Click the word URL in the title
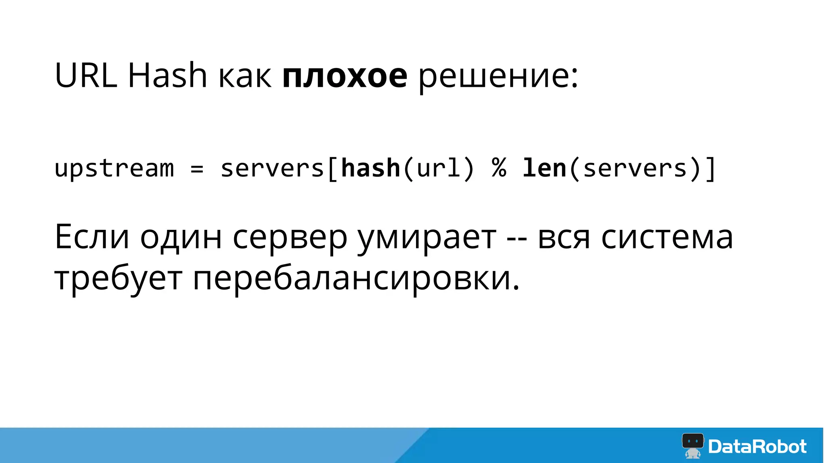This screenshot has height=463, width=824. point(86,75)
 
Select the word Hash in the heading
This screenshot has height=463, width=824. point(167,75)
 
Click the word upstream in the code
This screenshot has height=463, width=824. point(114,168)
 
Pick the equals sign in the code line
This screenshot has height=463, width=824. point(197,168)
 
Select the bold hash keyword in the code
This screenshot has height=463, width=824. point(371,168)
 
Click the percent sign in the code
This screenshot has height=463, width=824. point(499,168)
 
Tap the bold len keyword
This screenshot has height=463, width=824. point(544,168)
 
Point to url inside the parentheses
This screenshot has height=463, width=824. point(439,168)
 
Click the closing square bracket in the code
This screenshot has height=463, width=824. point(711,169)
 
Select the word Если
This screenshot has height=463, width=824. point(92,237)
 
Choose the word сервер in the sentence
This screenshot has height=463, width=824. point(290,238)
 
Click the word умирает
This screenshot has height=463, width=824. point(427,238)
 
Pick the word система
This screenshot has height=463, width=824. point(667,238)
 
